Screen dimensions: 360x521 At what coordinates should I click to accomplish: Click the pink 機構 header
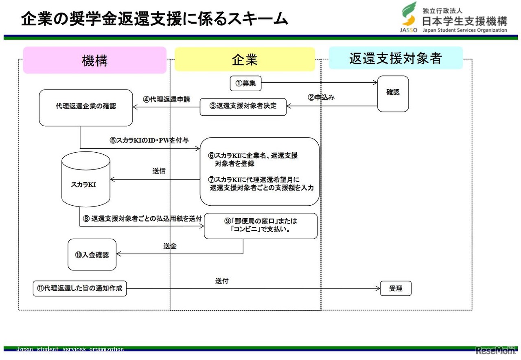click(94, 60)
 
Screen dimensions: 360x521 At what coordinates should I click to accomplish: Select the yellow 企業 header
click(245, 59)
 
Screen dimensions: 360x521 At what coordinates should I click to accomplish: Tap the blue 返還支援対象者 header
click(395, 58)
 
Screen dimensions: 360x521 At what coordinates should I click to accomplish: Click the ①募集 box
click(245, 83)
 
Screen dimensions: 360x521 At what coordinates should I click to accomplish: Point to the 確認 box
click(393, 93)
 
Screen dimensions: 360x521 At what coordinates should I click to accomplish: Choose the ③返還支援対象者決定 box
click(243, 106)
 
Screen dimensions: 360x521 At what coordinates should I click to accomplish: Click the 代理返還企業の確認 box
click(86, 108)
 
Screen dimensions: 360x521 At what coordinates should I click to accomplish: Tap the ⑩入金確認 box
click(92, 255)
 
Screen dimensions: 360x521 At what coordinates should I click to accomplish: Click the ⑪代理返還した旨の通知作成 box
click(80, 289)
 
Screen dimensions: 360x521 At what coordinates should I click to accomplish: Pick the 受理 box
click(396, 289)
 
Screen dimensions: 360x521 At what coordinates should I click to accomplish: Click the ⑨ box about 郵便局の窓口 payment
click(260, 226)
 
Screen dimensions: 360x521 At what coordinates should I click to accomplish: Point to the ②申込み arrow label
click(321, 98)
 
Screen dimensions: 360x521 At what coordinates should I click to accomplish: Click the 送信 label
click(159, 171)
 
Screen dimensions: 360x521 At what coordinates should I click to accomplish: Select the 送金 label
click(170, 246)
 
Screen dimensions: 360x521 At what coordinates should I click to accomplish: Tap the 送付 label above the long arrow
click(222, 281)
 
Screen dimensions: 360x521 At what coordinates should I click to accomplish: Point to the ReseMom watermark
click(495, 350)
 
